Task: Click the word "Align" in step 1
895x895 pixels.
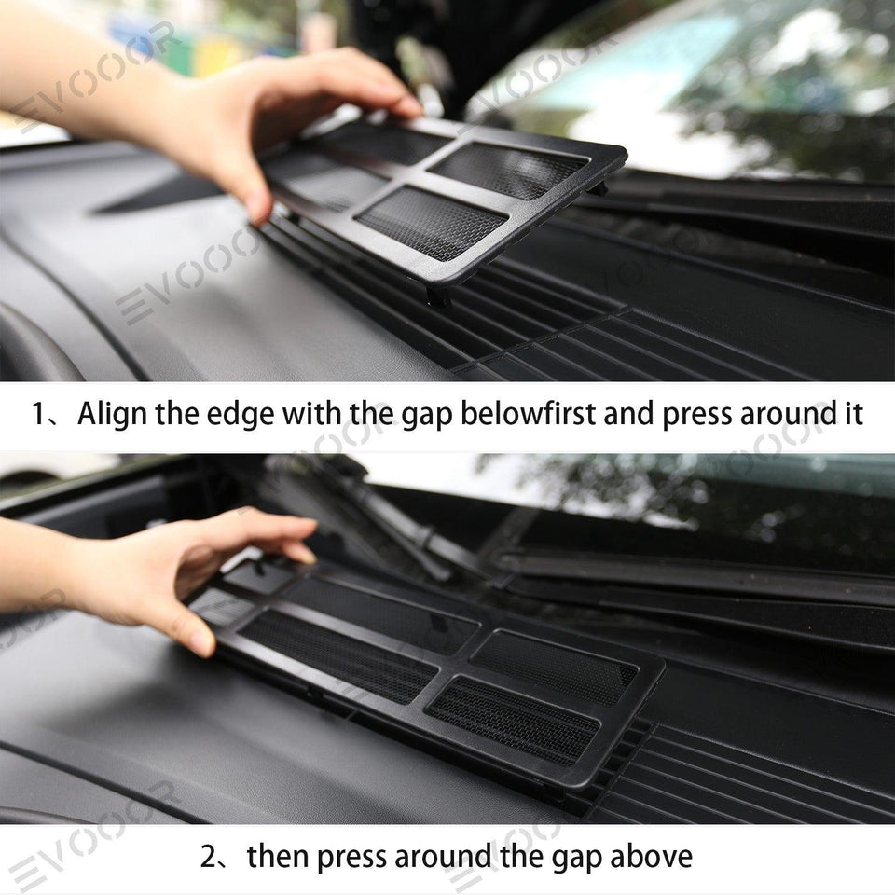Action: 113,414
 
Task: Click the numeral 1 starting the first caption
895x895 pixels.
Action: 38,413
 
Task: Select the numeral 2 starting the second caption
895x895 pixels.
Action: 209,857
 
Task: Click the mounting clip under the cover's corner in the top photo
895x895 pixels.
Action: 438,296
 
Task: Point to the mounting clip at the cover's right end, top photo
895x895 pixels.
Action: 599,187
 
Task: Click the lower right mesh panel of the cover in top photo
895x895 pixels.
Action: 432,222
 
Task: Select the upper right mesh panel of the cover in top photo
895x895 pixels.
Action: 507,169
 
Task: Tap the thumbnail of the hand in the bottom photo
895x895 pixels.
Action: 202,642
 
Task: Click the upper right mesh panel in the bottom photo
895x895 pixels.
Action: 554,666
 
